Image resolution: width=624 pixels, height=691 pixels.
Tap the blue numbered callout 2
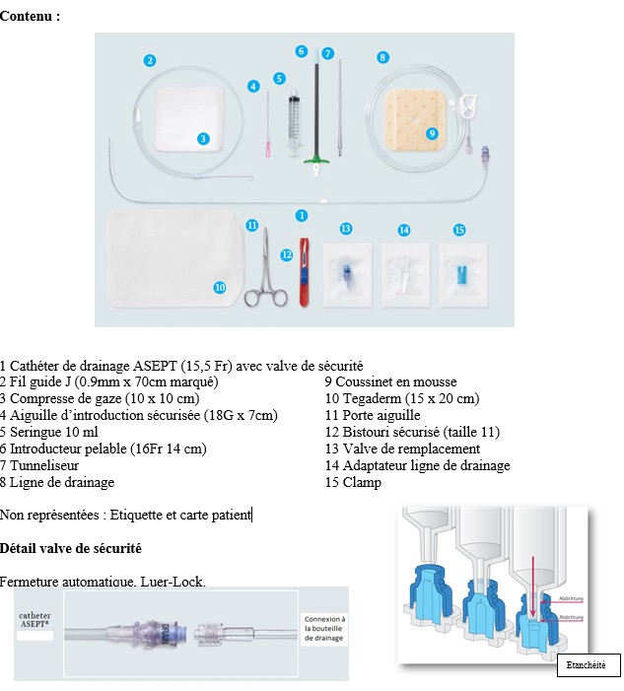point(149,60)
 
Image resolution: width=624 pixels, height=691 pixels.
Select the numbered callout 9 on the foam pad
point(432,133)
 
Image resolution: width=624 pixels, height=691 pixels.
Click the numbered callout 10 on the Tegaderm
point(220,287)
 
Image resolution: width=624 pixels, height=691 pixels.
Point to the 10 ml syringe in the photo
point(294,121)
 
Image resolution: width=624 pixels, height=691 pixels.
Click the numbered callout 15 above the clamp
point(459,230)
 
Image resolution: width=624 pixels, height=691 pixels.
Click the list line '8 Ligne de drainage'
point(57,482)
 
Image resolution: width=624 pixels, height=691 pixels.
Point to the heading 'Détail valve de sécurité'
point(71,547)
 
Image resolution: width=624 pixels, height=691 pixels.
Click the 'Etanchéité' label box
point(588,665)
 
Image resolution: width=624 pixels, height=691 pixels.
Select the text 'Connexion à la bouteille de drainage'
point(323,629)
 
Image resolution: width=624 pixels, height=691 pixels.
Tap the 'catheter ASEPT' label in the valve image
point(35,620)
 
